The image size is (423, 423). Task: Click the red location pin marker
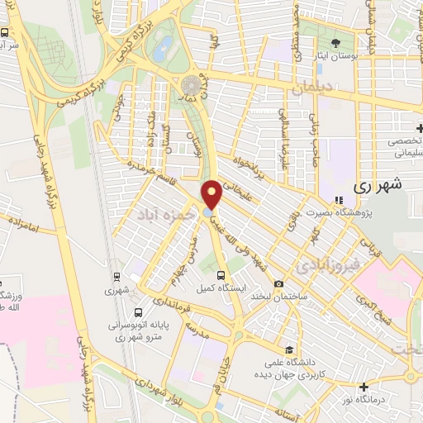pos(212,193)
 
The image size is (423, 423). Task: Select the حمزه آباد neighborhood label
pos(168,214)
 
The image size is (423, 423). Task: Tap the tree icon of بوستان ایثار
pos(335,43)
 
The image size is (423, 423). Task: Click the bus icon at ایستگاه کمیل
pos(220,275)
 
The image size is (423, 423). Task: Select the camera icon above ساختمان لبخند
pos(279,283)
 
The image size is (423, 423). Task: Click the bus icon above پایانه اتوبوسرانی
pos(138,312)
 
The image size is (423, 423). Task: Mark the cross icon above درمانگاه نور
pos(364,387)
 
